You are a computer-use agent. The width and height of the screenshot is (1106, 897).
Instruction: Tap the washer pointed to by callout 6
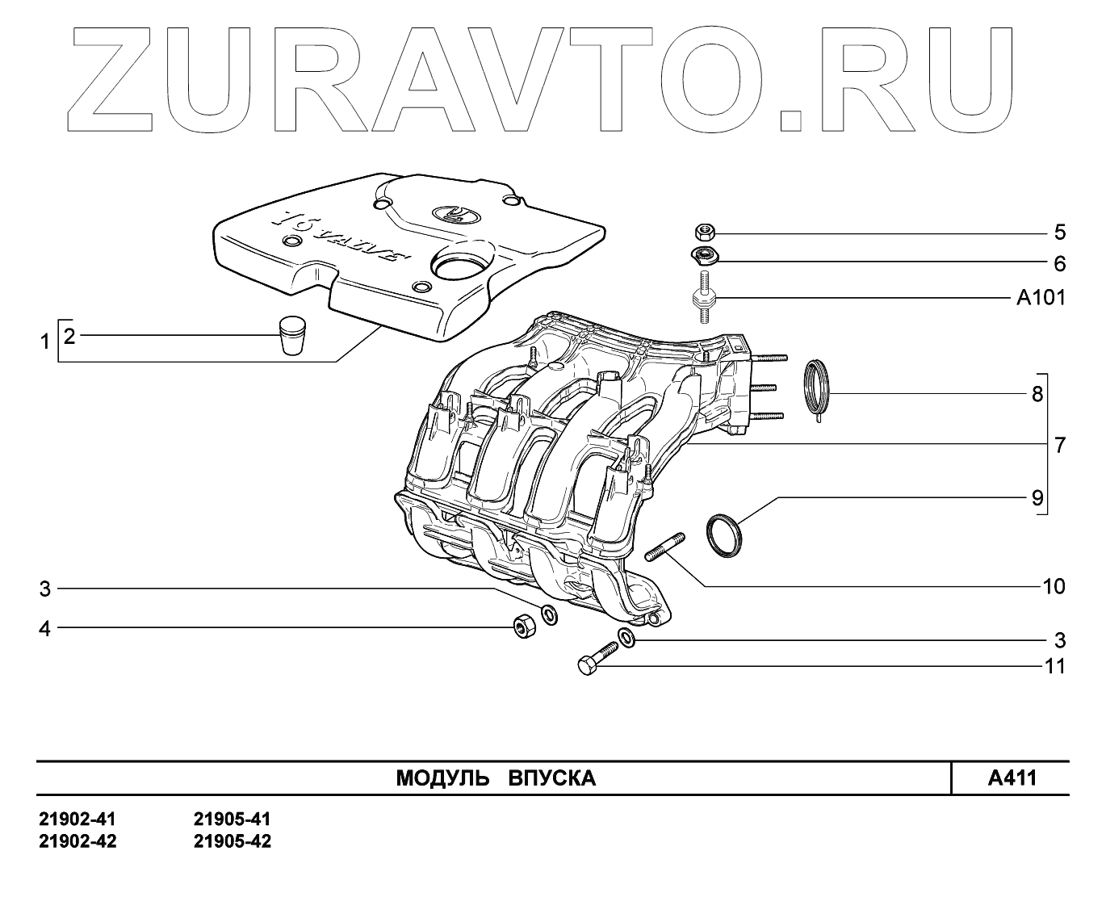[x=704, y=258]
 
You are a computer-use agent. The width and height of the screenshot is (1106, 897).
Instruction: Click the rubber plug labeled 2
[x=291, y=334]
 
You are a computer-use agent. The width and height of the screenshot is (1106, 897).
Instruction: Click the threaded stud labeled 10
[x=665, y=547]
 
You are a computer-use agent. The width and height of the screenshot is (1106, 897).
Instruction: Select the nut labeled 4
[x=523, y=626]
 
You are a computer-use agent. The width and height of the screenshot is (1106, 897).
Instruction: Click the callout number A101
[x=1040, y=298]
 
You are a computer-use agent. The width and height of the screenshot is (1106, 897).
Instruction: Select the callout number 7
[x=1060, y=445]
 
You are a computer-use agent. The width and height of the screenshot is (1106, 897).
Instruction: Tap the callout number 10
[x=1054, y=586]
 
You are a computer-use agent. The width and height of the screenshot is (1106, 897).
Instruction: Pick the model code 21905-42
[x=233, y=841]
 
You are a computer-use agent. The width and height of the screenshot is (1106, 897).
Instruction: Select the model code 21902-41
[x=78, y=819]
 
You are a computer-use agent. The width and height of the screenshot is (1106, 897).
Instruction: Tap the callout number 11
[x=1054, y=666]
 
